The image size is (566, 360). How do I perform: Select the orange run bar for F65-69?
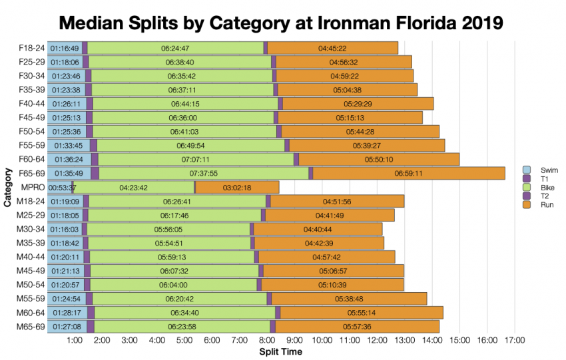point(408,173)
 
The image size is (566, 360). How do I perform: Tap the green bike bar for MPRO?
point(133,187)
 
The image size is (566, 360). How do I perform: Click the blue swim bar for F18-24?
point(65,48)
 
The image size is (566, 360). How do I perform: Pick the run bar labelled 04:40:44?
point(318,229)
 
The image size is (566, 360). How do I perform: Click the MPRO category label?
point(33,187)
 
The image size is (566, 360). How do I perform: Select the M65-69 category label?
point(31,326)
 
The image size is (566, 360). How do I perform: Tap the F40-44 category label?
point(31,103)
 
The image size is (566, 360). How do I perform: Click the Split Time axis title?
point(280,352)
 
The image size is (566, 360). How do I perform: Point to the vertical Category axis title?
point(8,187)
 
